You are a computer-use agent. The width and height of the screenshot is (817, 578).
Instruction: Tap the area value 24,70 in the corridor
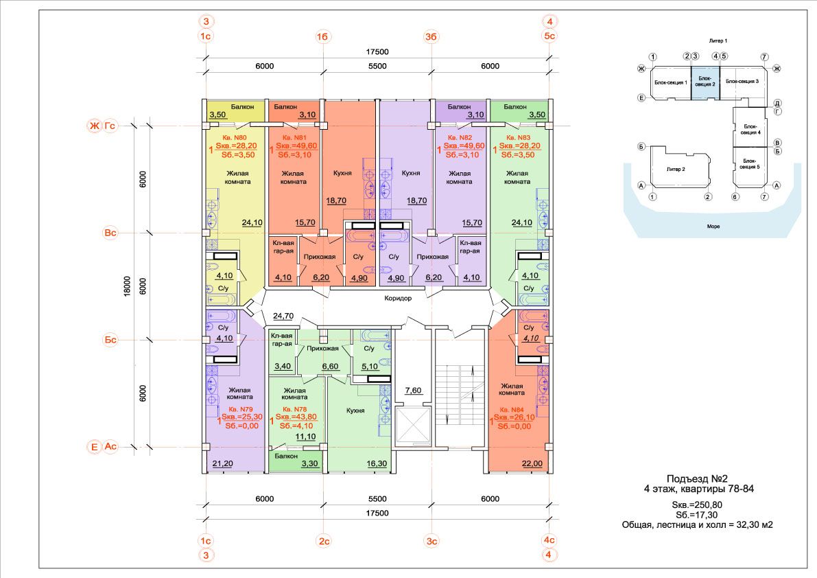pyautogui.click(x=283, y=316)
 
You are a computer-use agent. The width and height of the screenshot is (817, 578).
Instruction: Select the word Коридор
pyautogui.click(x=398, y=298)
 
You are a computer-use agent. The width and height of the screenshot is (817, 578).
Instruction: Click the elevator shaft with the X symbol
pyautogui.click(x=413, y=426)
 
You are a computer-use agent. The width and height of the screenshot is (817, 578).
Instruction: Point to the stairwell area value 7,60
pyautogui.click(x=413, y=390)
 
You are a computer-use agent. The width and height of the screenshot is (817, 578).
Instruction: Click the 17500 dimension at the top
pyautogui.click(x=377, y=51)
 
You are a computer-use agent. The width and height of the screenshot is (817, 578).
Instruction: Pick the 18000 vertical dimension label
pyautogui.click(x=127, y=287)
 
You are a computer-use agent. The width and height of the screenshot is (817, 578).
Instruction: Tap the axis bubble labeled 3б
pyautogui.click(x=431, y=36)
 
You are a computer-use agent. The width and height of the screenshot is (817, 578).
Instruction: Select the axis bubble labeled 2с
pyautogui.click(x=324, y=541)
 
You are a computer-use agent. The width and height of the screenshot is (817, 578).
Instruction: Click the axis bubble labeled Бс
pyautogui.click(x=110, y=340)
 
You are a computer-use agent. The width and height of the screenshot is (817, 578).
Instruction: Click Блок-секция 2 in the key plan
pyautogui.click(x=705, y=81)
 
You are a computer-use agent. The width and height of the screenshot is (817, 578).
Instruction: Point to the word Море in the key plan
pyautogui.click(x=713, y=227)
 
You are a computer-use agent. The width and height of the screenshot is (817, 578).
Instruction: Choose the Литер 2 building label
pyautogui.click(x=676, y=169)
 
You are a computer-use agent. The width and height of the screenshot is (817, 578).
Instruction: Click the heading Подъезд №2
pyautogui.click(x=697, y=478)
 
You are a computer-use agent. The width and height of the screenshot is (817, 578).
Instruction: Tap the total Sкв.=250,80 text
pyautogui.click(x=697, y=505)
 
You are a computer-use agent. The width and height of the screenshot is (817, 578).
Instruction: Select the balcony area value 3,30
pyautogui.click(x=309, y=463)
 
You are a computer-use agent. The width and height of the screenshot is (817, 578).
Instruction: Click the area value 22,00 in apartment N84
pyautogui.click(x=532, y=463)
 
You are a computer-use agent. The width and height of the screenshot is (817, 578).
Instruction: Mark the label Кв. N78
pyautogui.click(x=295, y=409)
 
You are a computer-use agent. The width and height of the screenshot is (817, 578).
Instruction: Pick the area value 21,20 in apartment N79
pyautogui.click(x=222, y=463)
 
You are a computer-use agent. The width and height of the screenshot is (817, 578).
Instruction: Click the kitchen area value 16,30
pyautogui.click(x=377, y=463)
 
